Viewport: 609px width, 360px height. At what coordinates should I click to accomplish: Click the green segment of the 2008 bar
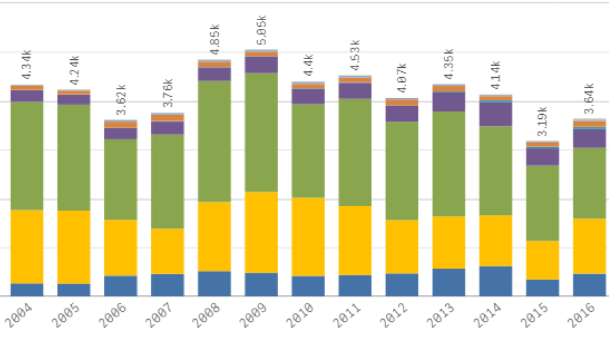point(214,141)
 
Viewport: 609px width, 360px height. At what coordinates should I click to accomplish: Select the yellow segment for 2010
point(308,236)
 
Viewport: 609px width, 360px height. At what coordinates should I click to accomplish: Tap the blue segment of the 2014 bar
point(496,281)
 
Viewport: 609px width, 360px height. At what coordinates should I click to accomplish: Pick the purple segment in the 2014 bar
point(496,114)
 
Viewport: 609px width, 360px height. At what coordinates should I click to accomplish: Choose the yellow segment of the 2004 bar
point(27,246)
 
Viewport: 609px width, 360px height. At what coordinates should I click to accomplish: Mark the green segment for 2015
point(543,203)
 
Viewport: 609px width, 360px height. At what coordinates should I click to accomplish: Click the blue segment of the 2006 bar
point(121,285)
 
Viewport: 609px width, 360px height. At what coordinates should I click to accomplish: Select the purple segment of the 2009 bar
point(261,64)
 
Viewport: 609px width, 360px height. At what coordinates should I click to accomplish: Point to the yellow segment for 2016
point(589,246)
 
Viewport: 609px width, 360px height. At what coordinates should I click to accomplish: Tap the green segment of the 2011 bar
point(355,152)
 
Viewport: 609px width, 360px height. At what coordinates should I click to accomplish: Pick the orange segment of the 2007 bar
point(167,118)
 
